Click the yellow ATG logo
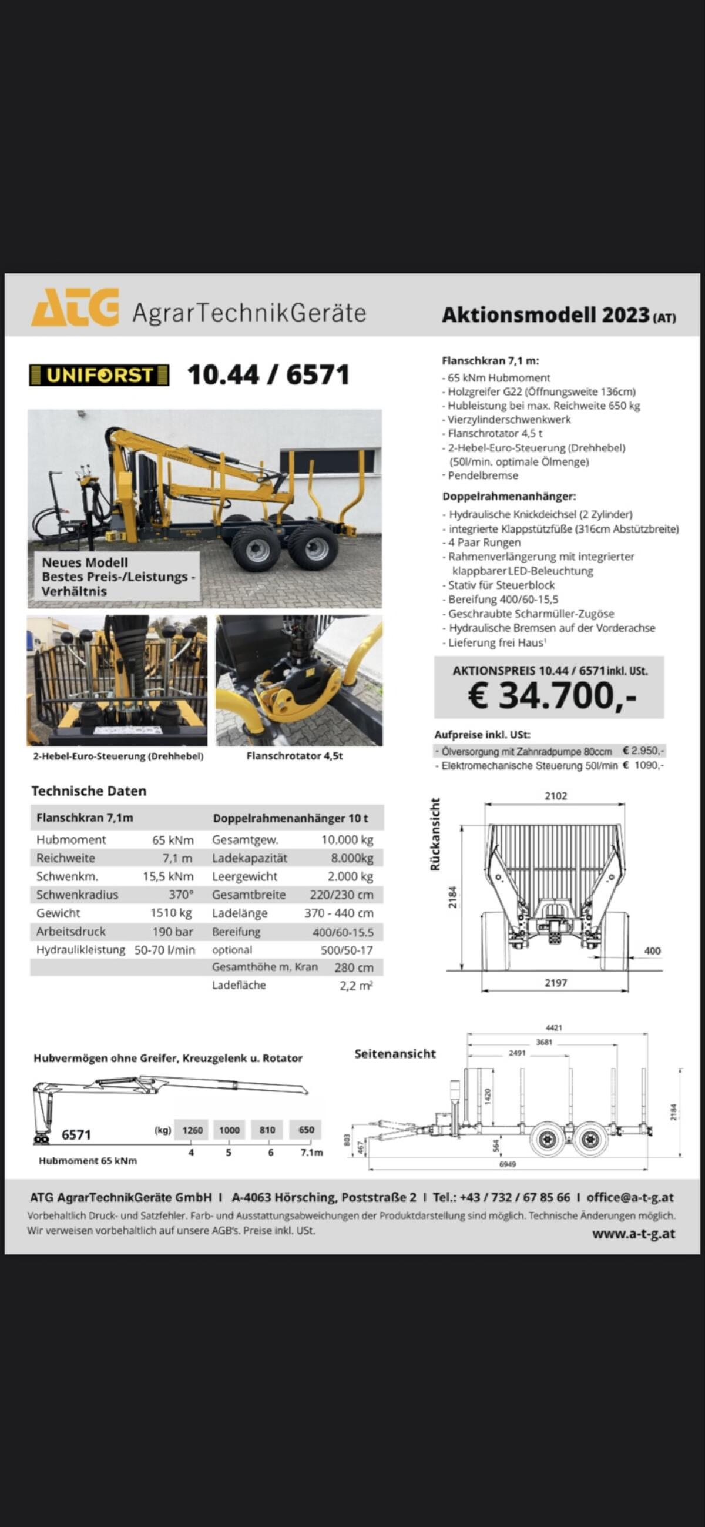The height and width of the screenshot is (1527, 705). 75,307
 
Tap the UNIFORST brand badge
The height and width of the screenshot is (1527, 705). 99,375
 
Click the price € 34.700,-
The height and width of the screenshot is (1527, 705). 552,695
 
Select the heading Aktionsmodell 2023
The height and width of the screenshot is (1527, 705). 545,315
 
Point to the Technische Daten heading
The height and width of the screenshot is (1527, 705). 89,791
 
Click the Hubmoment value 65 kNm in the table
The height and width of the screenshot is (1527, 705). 172,839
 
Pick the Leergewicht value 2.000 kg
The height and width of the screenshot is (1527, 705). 350,876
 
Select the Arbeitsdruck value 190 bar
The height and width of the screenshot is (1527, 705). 172,931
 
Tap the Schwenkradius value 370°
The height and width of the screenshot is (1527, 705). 181,895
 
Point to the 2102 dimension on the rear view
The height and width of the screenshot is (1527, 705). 556,795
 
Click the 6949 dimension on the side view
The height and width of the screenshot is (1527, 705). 507,1164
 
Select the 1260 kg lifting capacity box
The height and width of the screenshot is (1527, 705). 193,1130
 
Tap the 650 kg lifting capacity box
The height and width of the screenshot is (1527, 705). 306,1130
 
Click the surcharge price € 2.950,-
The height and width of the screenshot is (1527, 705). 643,751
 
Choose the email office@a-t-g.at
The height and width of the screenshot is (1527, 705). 630,1197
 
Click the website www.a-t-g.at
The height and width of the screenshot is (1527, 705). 633,1234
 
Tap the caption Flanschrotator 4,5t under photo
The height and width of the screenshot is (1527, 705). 294,756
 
